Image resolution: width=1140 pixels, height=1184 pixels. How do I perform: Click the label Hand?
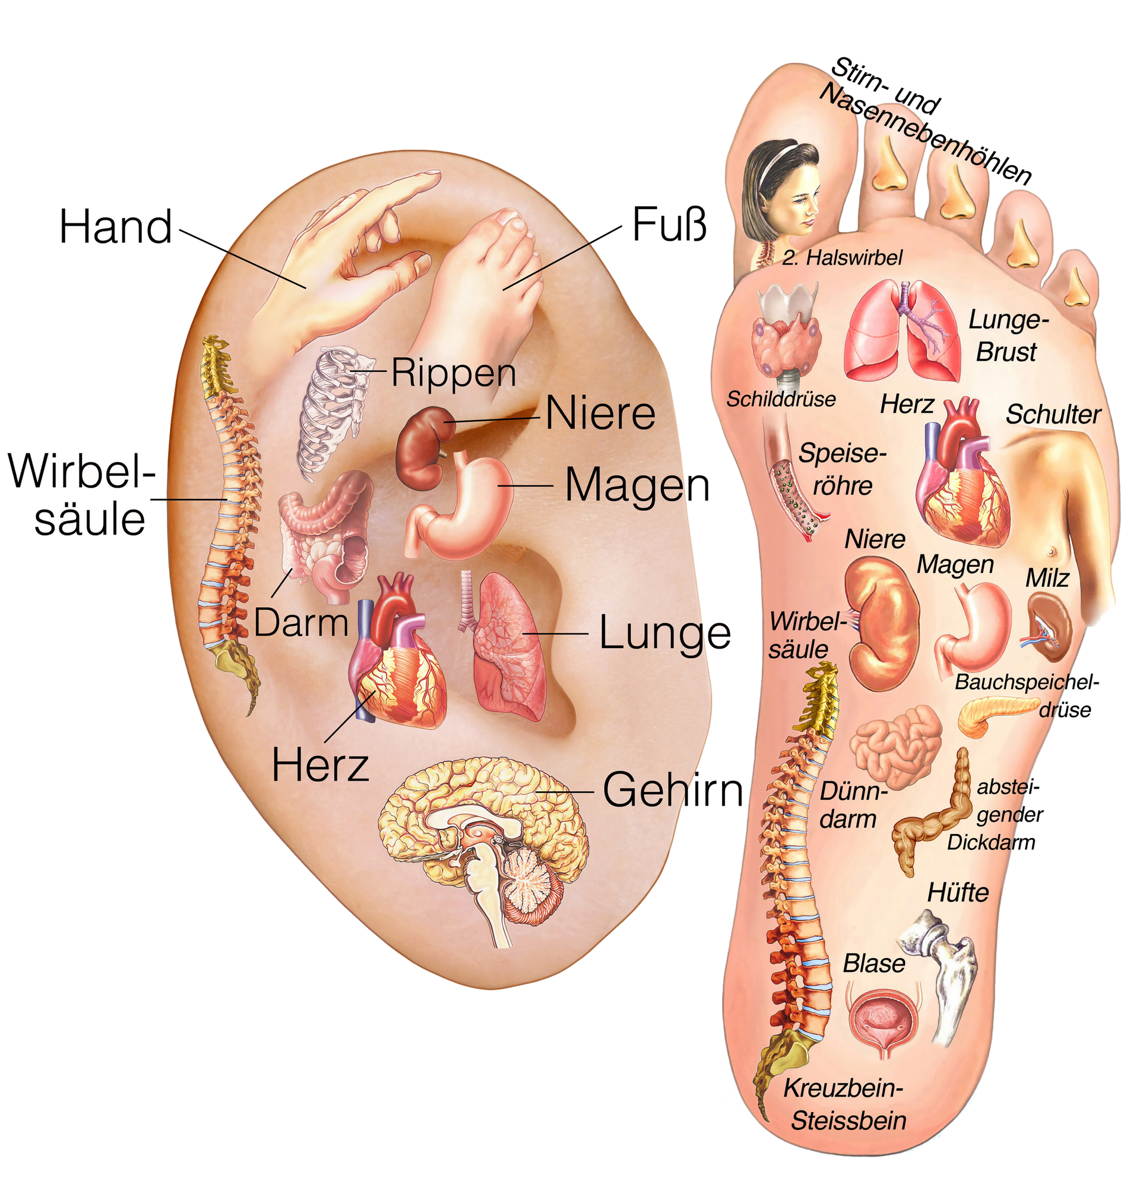115,228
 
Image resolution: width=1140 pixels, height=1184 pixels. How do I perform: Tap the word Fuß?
669,224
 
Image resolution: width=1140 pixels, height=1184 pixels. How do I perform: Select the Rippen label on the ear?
454,373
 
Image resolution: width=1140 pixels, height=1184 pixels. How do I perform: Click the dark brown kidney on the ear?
424,447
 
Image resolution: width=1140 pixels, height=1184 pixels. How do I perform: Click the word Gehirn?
673,790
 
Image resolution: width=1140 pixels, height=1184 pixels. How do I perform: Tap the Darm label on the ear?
300,622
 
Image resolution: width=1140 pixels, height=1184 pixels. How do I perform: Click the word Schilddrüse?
781,399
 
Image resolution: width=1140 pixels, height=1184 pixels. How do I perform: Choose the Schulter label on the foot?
1053,415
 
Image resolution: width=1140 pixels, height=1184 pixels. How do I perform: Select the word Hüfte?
958,893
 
